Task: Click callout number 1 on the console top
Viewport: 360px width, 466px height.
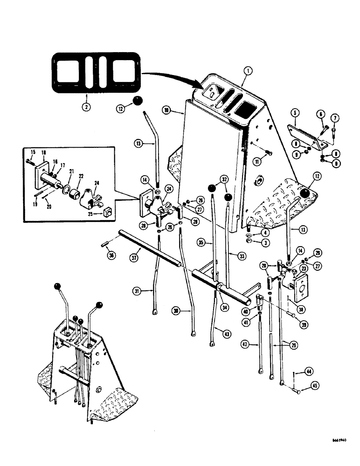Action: [248, 71]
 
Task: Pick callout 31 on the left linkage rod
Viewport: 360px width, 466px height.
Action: [150, 291]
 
